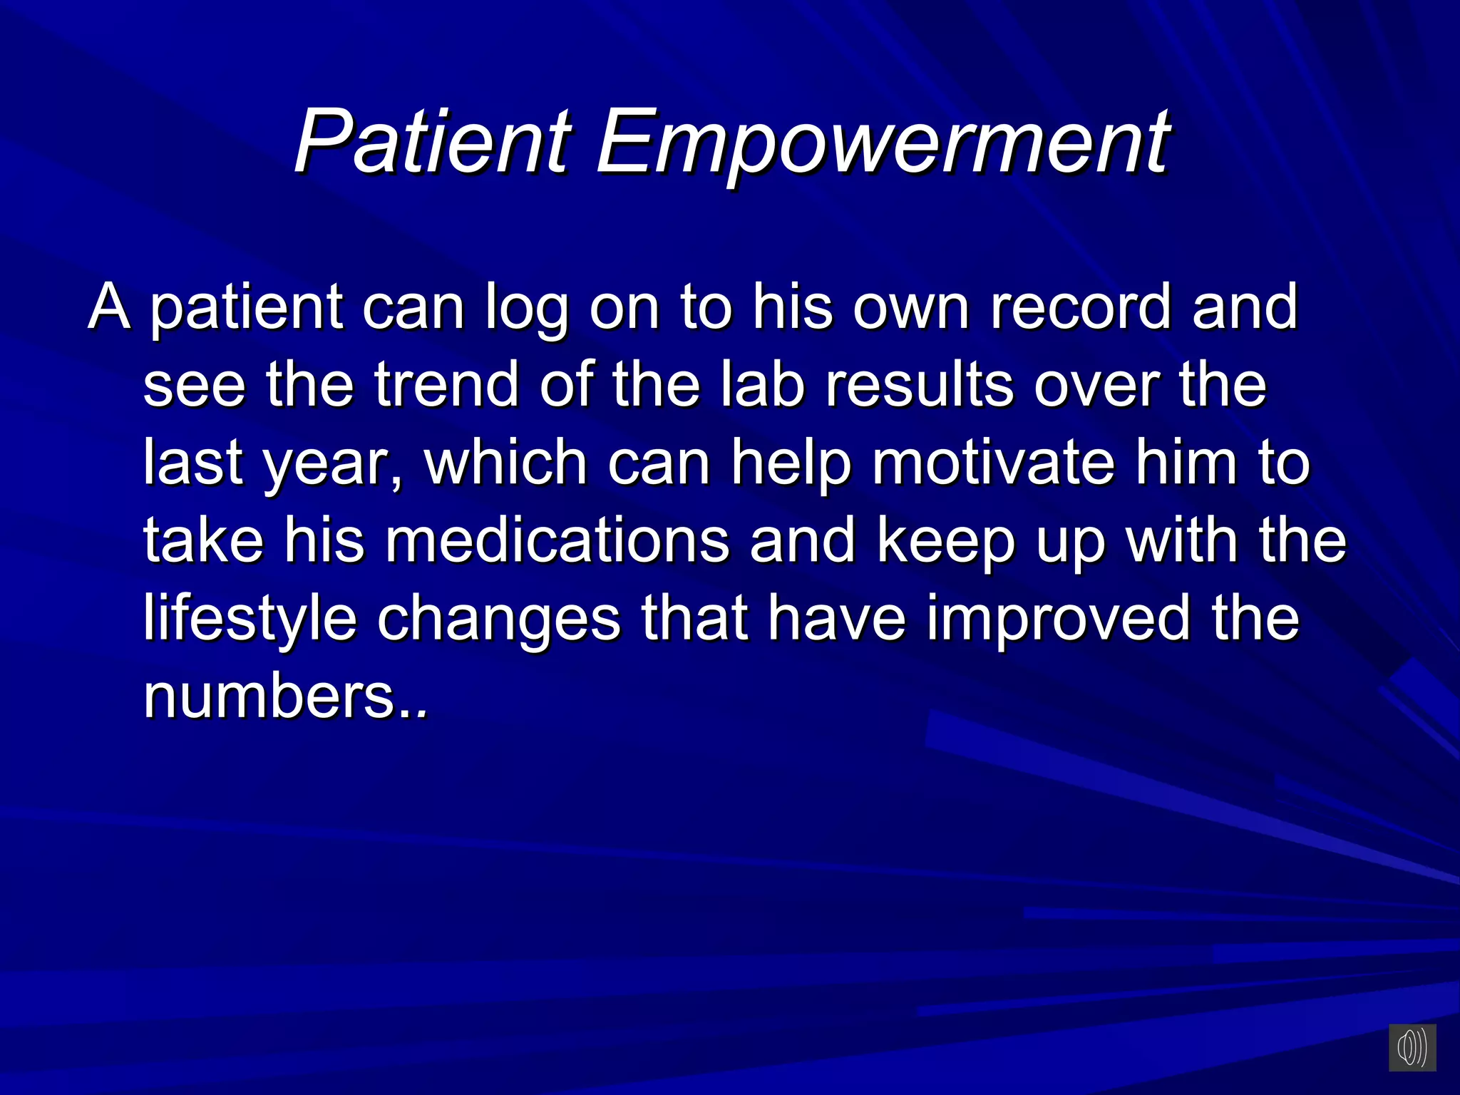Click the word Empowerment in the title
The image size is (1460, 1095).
click(x=882, y=142)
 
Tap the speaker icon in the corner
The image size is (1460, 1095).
click(x=1412, y=1047)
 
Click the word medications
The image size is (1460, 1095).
click(x=557, y=541)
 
